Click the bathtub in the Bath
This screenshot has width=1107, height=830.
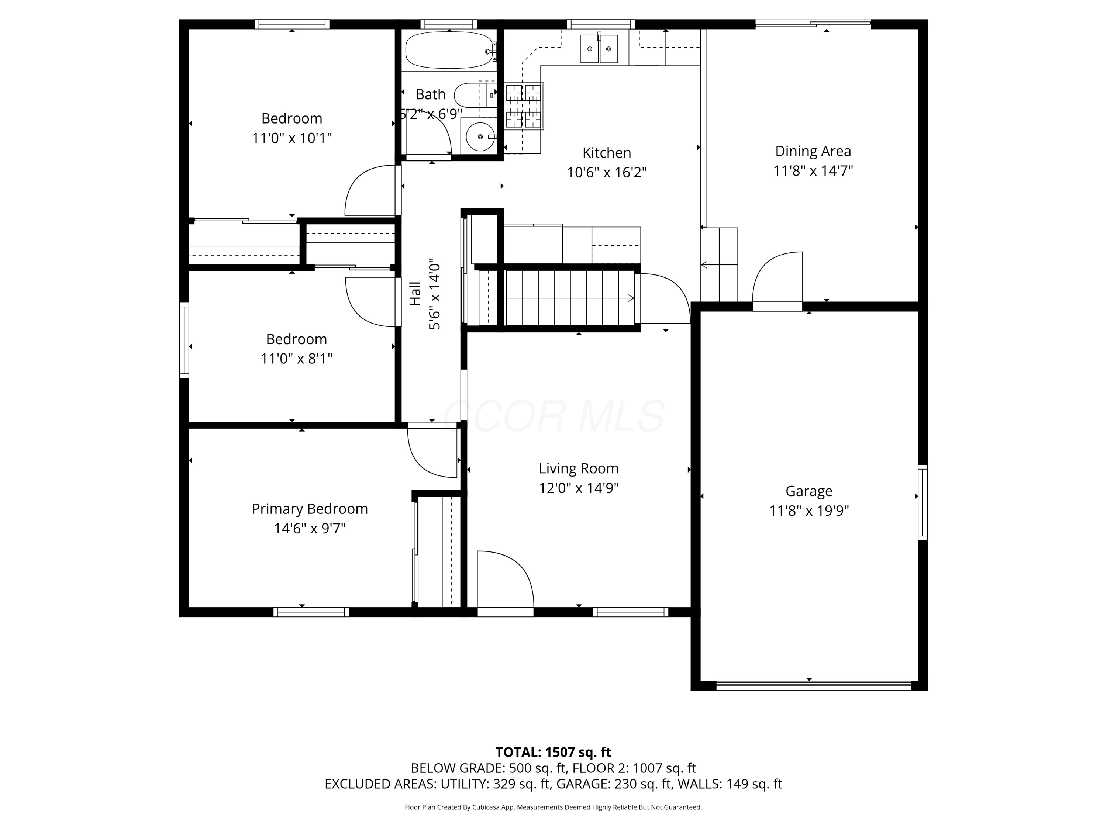pyautogui.click(x=449, y=50)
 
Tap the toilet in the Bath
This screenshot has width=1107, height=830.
pyautogui.click(x=473, y=95)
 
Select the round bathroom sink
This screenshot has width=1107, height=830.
pyautogui.click(x=480, y=136)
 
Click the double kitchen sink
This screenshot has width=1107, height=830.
pyautogui.click(x=599, y=49)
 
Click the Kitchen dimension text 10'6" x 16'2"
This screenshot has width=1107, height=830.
pyautogui.click(x=607, y=173)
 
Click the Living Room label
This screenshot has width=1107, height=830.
pyautogui.click(x=579, y=468)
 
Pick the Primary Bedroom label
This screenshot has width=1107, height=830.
pyautogui.click(x=309, y=509)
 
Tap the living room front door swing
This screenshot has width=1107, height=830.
pyautogui.click(x=503, y=580)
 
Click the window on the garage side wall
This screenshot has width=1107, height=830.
pyautogui.click(x=922, y=502)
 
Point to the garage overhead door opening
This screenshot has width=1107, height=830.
pyautogui.click(x=813, y=685)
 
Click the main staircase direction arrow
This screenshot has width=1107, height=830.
pyautogui.click(x=630, y=298)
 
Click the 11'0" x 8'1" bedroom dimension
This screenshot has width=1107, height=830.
pyautogui.click(x=296, y=359)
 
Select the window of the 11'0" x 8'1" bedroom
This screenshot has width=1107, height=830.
pyautogui.click(x=184, y=340)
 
